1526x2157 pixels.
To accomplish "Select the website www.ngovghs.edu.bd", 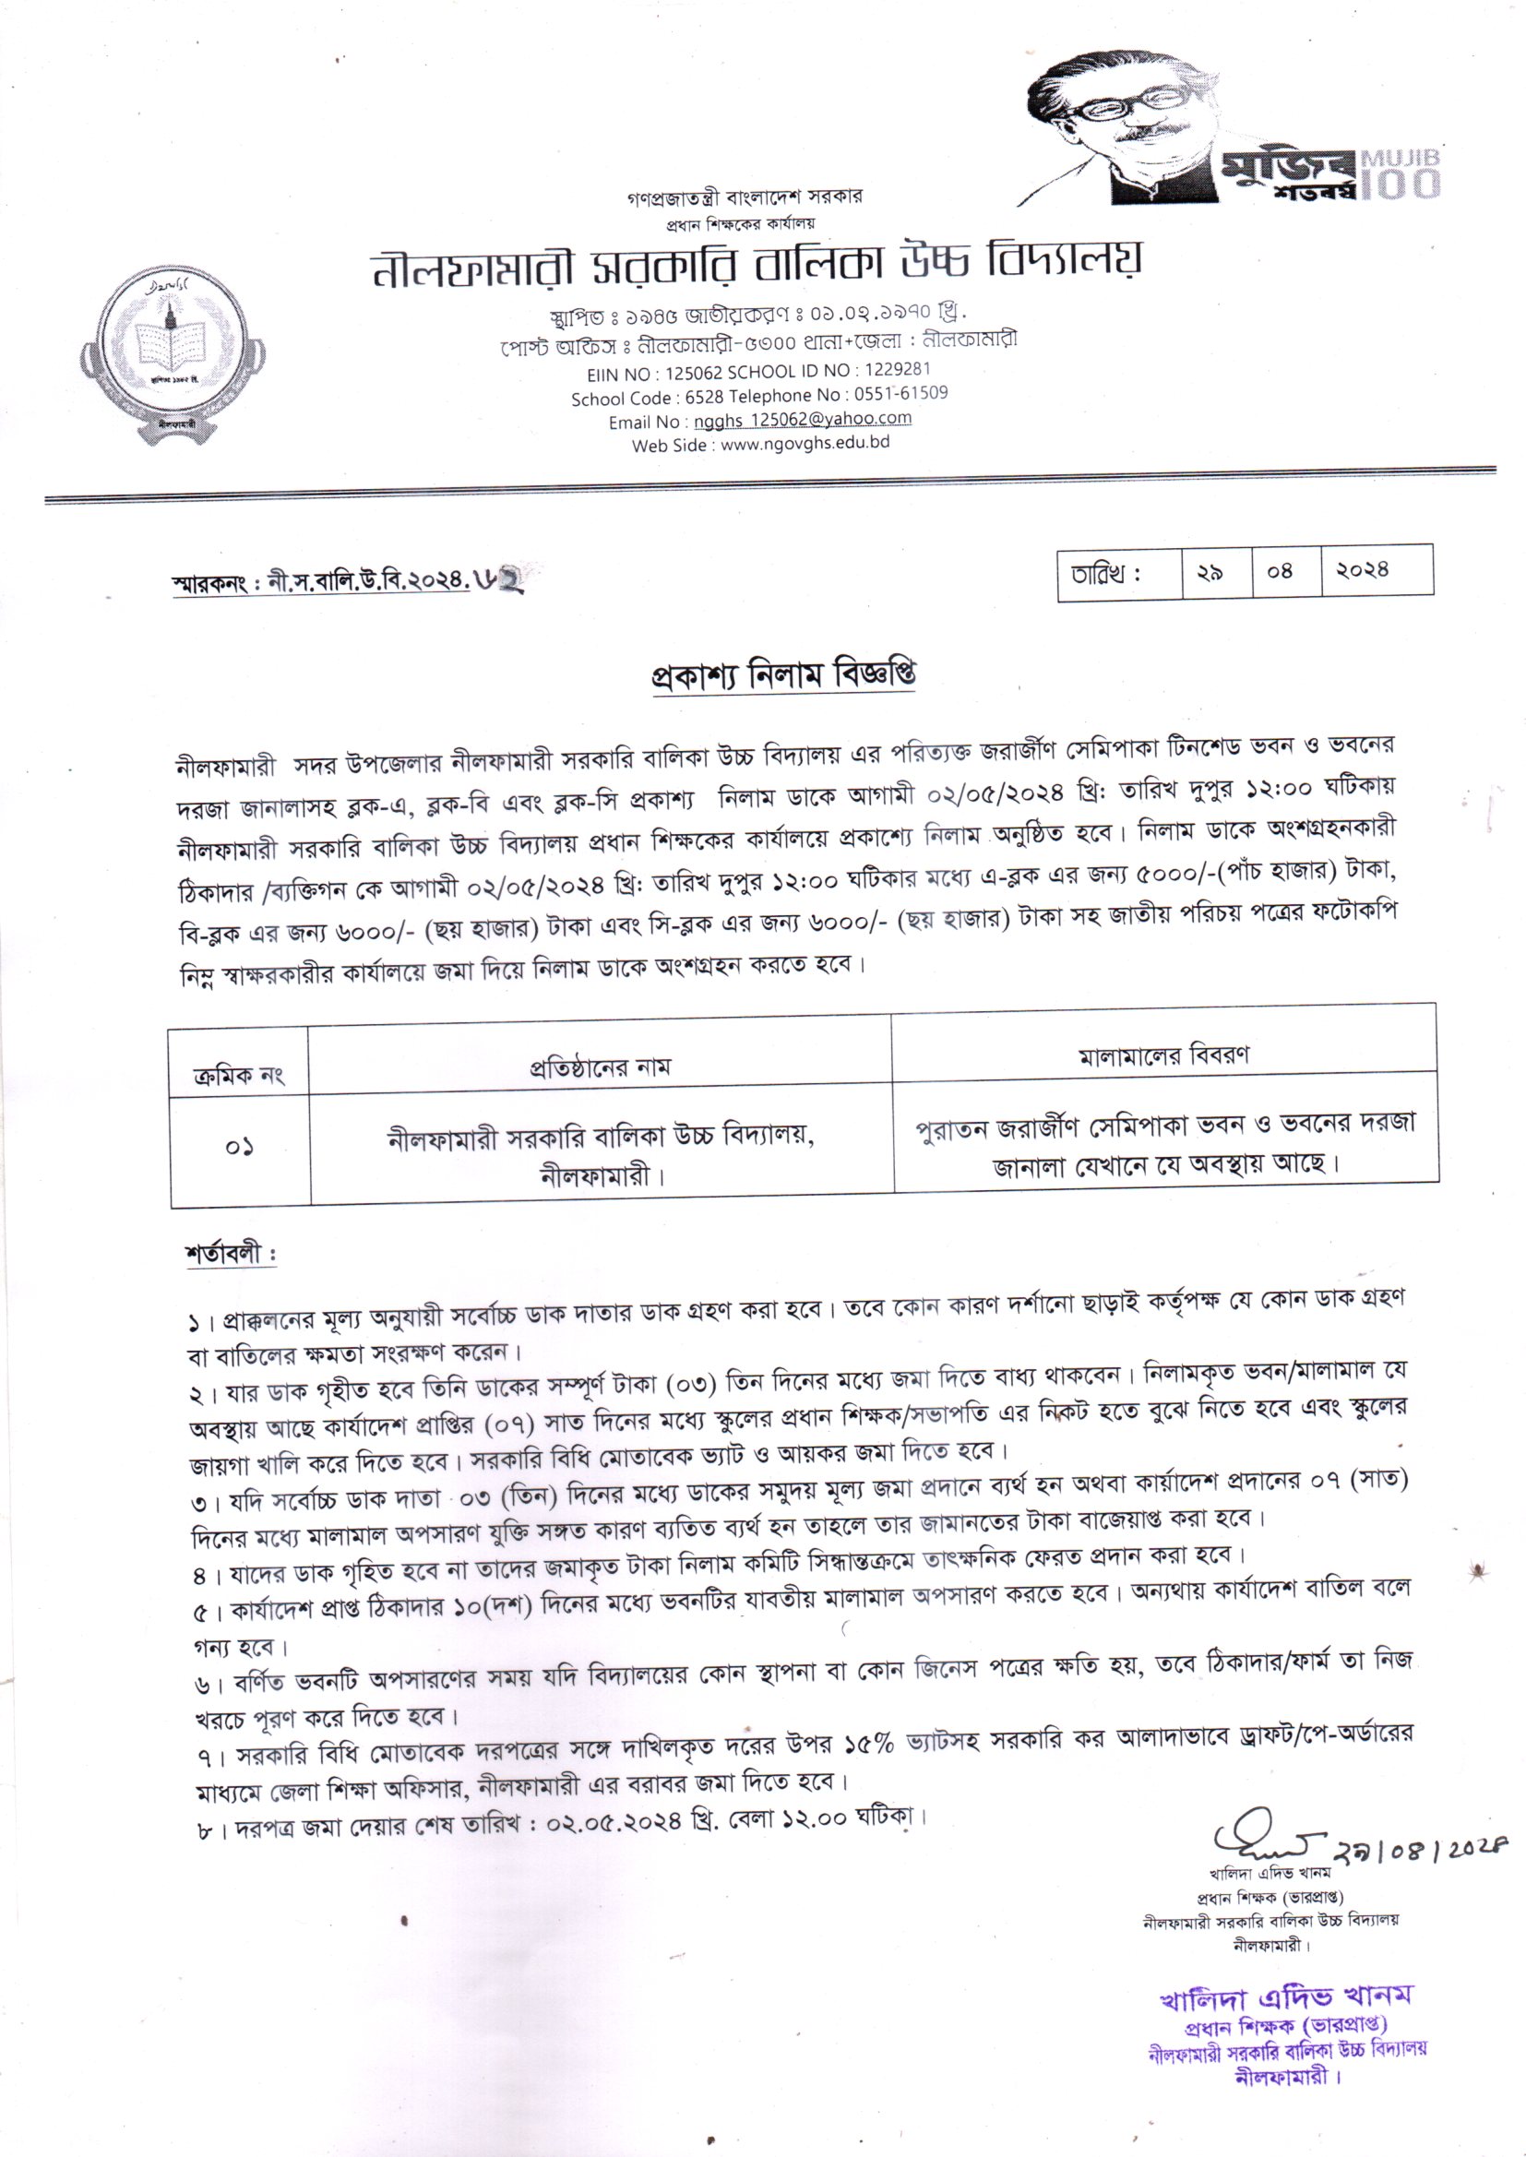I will pyautogui.click(x=805, y=444).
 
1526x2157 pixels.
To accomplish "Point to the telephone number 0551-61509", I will pyautogui.click(x=900, y=394).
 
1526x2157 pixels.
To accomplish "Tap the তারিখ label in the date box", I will pyautogui.click(x=1106, y=572).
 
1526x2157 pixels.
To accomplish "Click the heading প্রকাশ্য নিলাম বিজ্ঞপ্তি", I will pyautogui.click(x=782, y=675).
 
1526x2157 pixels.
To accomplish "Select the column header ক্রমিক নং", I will pyautogui.click(x=239, y=1075).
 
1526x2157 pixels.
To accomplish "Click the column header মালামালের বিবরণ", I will pyautogui.click(x=1163, y=1055).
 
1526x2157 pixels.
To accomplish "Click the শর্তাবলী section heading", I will pyautogui.click(x=231, y=1253).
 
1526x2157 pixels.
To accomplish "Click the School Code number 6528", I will pyautogui.click(x=704, y=398).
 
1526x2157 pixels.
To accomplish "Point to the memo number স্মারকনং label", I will pyautogui.click(x=214, y=583).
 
